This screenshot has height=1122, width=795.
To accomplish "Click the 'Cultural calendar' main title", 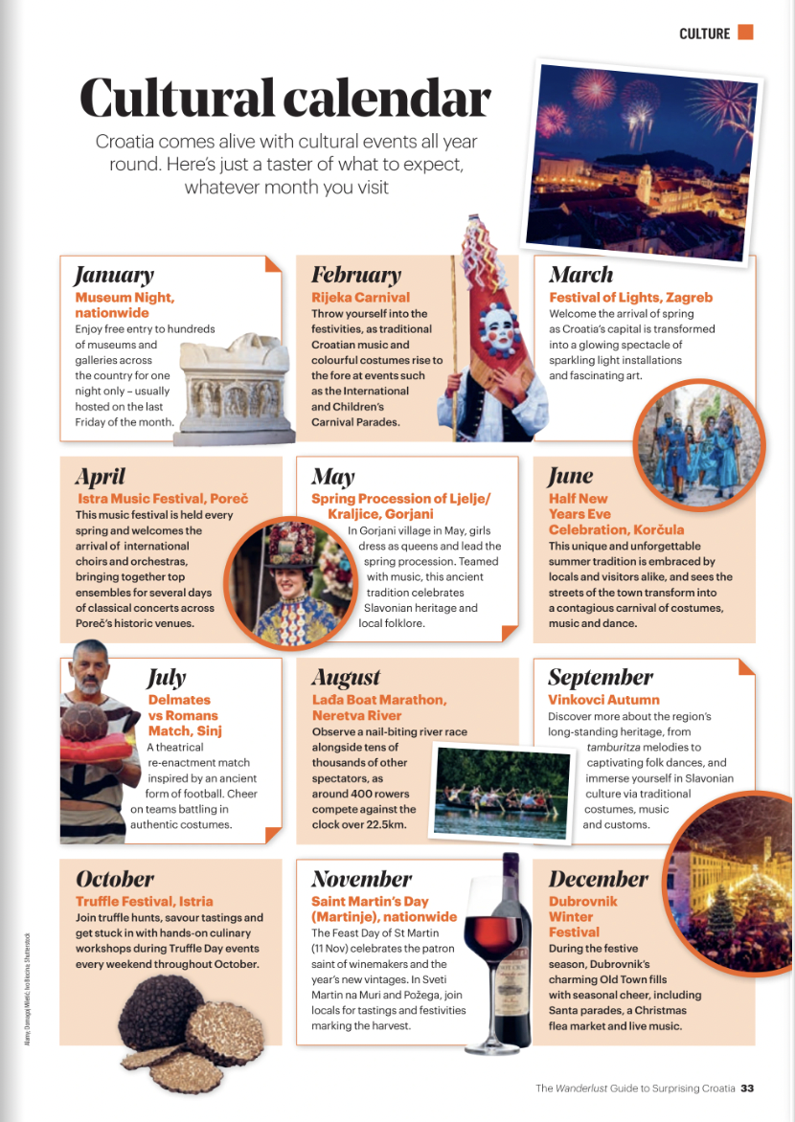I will (284, 97).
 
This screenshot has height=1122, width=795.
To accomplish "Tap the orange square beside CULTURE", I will (745, 33).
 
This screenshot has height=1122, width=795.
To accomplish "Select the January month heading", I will (114, 275).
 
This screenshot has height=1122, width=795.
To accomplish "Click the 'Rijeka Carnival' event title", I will (360, 298).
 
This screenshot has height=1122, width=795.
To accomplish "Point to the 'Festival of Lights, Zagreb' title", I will (630, 298).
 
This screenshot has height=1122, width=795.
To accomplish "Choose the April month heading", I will (100, 476).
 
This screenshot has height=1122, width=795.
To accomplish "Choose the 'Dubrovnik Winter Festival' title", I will (583, 916).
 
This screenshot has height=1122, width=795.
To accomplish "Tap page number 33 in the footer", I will (747, 1088).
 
